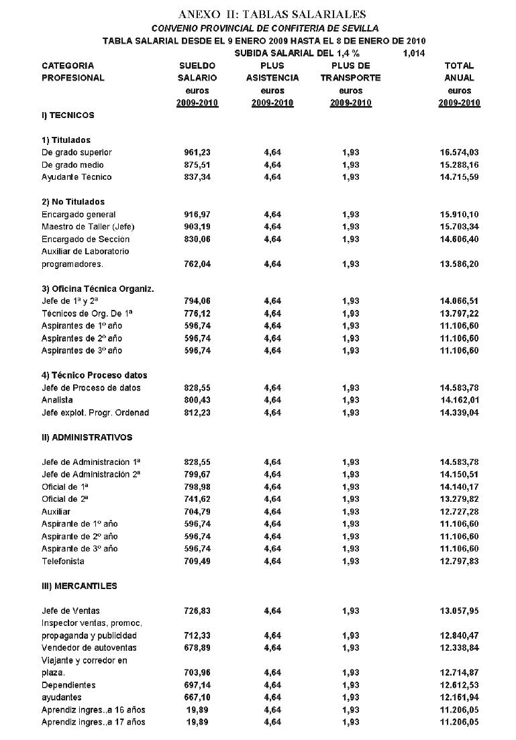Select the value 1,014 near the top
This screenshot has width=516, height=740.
[x=414, y=54]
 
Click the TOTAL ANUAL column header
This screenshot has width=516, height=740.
[x=459, y=72]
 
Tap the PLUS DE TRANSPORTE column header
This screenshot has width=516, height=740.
[x=350, y=72]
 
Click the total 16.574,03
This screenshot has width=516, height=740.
[x=459, y=152]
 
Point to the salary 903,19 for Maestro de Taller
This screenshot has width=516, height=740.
[x=197, y=227]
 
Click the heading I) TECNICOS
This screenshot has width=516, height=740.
[x=68, y=115]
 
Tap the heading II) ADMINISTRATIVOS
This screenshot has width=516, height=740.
[x=87, y=437]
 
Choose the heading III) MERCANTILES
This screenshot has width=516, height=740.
[x=79, y=586]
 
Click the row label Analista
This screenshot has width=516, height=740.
[x=57, y=401]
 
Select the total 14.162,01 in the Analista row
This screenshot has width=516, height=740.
[x=459, y=401]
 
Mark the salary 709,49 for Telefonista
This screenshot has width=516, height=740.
[x=197, y=561]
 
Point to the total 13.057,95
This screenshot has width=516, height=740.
[x=459, y=611]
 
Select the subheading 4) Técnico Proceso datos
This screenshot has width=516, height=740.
[x=94, y=375]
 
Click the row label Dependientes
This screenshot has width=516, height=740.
[x=68, y=685]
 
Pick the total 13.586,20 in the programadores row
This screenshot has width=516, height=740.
[x=459, y=264]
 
